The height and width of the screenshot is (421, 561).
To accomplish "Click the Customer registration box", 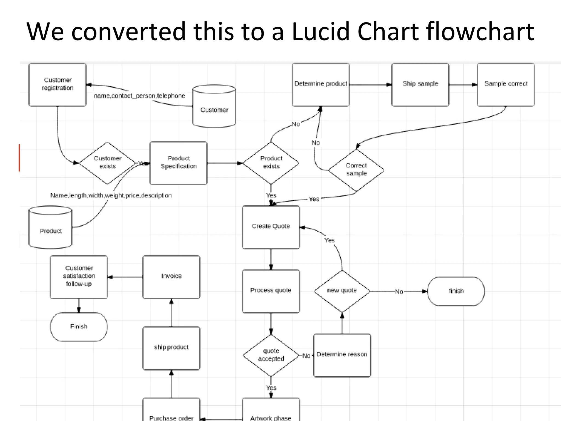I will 58,84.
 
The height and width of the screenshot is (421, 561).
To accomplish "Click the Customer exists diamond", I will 107,163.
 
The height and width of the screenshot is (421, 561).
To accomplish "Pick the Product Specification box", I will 178,163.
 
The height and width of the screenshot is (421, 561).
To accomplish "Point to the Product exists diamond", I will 271,163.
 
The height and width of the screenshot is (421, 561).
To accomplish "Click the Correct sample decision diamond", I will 356,170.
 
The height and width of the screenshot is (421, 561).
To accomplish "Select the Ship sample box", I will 420,84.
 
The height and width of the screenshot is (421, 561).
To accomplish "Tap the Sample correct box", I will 506,84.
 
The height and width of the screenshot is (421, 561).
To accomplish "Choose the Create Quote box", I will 271,227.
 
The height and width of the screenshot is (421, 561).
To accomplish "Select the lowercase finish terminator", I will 456,291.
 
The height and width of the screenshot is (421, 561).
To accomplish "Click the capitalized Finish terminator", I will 79,327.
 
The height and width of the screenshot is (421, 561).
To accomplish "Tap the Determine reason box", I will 342,355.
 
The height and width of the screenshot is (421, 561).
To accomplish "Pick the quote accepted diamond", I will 271,355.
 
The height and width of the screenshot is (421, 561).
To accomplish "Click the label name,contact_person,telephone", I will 139,96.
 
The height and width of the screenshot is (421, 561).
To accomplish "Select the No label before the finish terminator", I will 399,292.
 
